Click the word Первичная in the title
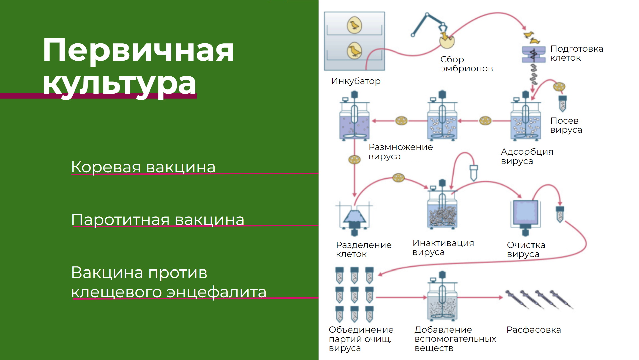point(138,50)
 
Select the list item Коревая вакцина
point(143,167)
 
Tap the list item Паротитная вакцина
point(158,220)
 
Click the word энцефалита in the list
point(216,292)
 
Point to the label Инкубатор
point(356,81)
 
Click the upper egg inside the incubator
point(354,25)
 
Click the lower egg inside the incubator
point(354,51)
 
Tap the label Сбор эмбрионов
point(466,64)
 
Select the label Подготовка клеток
point(576,53)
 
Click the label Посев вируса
point(566,125)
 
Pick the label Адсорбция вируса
point(527,156)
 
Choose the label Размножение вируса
point(400,152)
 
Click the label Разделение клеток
point(363,249)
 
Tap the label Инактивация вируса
point(443,247)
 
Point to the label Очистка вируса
point(526,249)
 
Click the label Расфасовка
point(534,330)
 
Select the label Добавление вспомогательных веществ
point(455,339)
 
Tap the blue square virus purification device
point(525,213)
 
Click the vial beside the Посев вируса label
point(563,103)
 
